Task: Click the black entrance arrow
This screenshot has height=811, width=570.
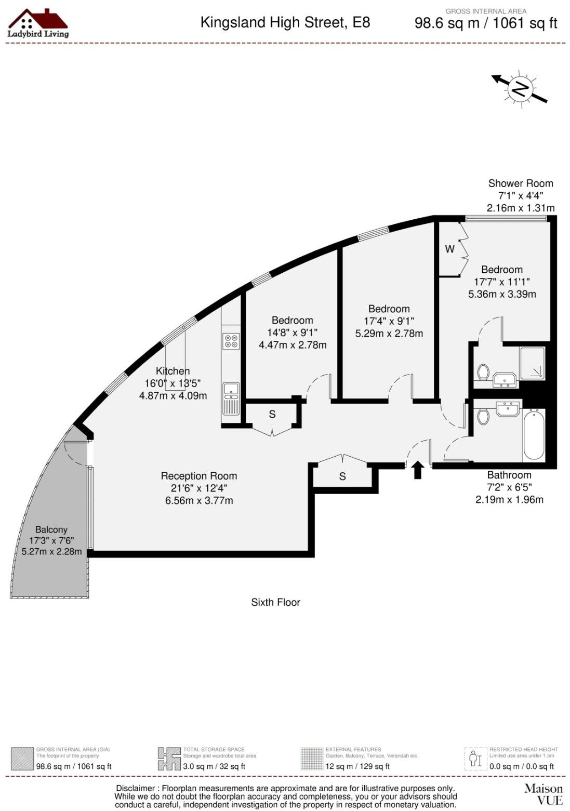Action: (418, 470)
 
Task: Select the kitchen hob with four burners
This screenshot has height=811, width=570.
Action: (231, 341)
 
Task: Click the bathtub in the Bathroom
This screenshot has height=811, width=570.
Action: (534, 435)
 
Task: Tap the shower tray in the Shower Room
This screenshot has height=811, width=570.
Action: (532, 363)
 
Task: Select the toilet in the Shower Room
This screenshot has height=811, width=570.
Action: (483, 372)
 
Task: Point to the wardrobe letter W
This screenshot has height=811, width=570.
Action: (449, 249)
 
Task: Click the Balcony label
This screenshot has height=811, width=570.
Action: (51, 529)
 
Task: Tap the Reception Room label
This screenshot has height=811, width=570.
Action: (198, 476)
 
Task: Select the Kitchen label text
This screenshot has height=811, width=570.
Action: (173, 371)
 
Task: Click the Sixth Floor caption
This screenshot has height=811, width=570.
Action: (275, 602)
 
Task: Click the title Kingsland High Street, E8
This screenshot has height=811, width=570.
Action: (285, 22)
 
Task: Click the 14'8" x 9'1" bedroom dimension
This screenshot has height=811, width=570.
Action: (293, 333)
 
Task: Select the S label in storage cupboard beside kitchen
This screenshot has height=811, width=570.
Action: (272, 414)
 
